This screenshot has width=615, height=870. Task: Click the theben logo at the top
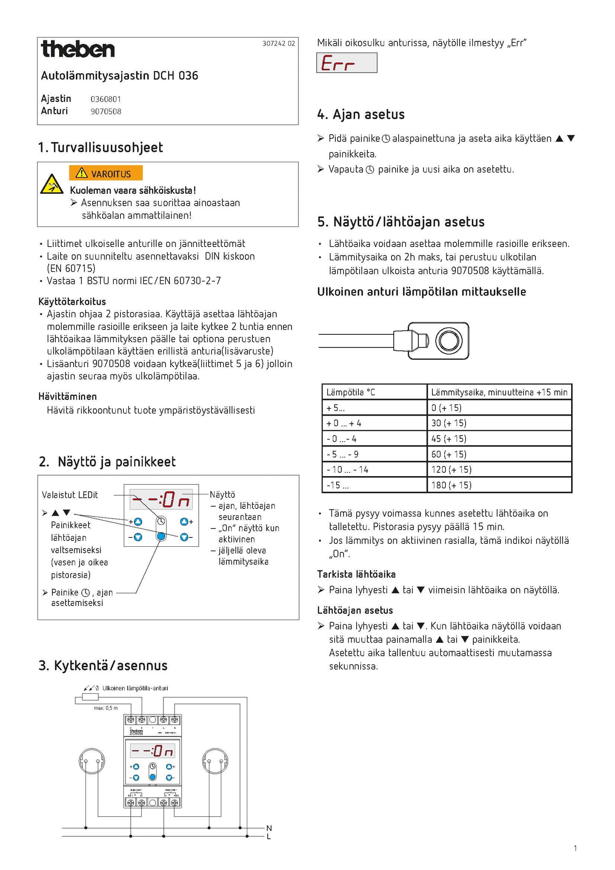point(78,49)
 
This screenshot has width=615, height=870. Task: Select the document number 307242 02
point(278,43)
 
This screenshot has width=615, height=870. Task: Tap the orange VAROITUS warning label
point(106,173)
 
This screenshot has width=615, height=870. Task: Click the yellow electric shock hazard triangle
point(52,184)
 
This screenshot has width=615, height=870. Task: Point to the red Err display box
point(346,63)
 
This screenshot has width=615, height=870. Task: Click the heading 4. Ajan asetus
point(360,114)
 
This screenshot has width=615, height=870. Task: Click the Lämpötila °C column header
point(351,392)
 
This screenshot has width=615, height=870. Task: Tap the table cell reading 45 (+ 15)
point(449,439)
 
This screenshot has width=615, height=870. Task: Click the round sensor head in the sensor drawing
point(449,341)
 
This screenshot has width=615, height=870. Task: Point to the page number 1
point(575,848)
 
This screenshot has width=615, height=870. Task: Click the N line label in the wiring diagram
point(269,828)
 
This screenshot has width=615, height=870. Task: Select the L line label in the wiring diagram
point(269,837)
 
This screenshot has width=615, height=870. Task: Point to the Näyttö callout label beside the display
point(222,494)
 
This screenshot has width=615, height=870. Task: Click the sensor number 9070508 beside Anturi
point(106,112)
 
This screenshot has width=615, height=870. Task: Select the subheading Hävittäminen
point(68,396)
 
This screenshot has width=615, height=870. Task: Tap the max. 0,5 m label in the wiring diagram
point(106,708)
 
